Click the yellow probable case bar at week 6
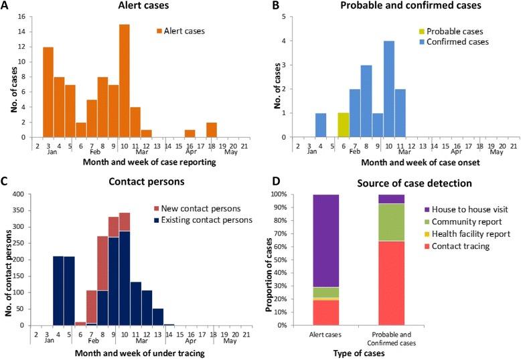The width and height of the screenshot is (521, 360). click(x=343, y=125)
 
